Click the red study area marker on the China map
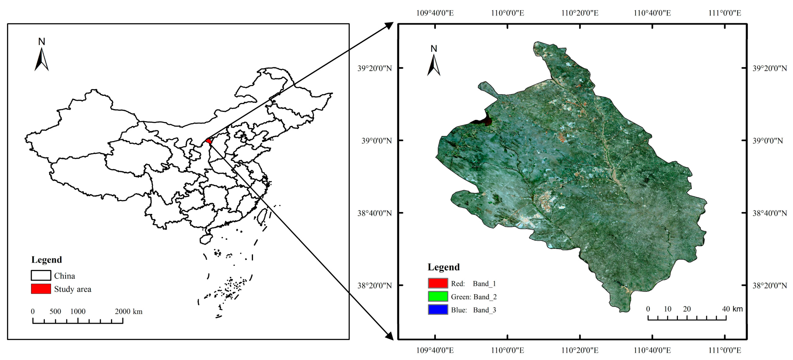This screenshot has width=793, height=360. (209, 141)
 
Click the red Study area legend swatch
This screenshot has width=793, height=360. (41, 289)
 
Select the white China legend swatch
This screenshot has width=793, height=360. (41, 275)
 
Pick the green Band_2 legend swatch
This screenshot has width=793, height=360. (438, 296)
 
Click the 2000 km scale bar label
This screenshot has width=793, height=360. (129, 311)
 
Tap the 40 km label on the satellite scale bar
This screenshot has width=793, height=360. (732, 309)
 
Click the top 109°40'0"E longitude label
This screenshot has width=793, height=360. (435, 13)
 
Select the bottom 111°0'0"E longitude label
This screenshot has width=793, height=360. (725, 350)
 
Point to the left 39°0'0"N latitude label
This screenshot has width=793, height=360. (377, 141)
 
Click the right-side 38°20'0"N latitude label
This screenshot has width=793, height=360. (770, 286)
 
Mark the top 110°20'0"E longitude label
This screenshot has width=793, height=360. (580, 13)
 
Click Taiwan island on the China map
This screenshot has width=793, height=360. (262, 216)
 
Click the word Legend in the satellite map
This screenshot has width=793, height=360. (443, 267)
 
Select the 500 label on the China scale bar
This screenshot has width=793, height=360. (55, 311)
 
